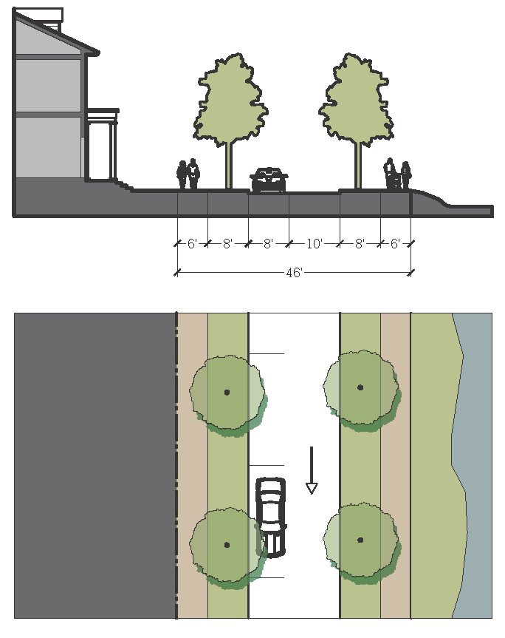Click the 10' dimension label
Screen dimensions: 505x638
pos(314,243)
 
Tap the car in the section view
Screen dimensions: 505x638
pos(269,180)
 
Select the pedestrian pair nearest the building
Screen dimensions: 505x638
pos(188,174)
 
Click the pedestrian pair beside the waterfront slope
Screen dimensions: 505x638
pos(397,175)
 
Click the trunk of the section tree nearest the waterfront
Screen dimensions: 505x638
pos(358,165)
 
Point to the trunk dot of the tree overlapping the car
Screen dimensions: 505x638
pos(227,545)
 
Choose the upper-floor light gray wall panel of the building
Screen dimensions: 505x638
pos(48,85)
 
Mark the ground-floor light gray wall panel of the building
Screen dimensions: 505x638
pos(48,146)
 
